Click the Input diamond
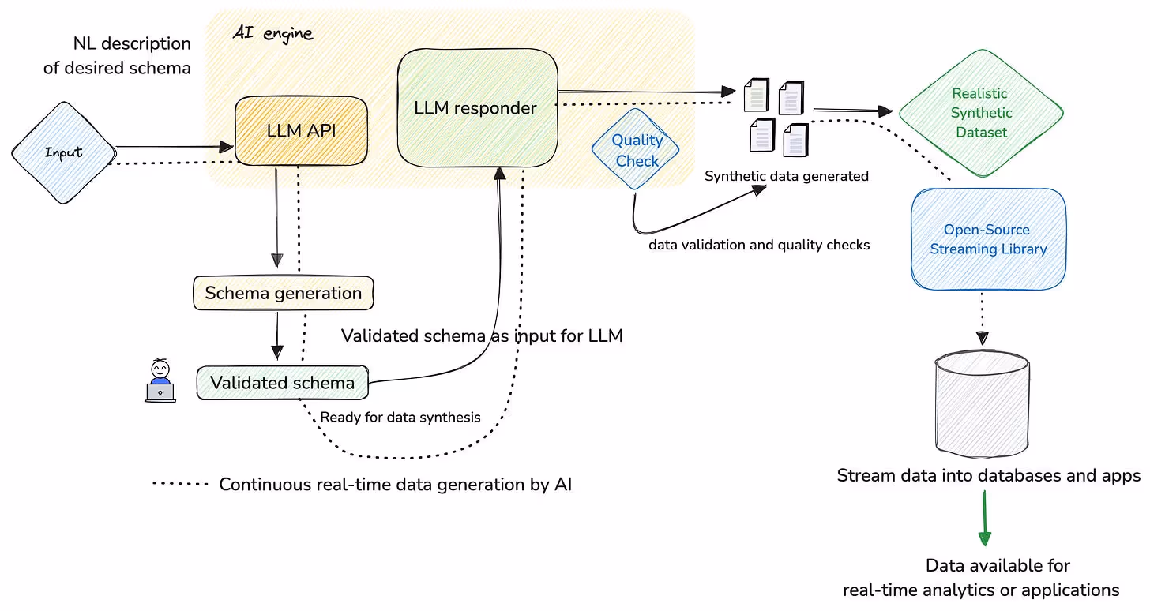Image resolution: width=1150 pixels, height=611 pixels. pyautogui.click(x=64, y=152)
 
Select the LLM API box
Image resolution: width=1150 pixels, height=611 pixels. pyautogui.click(x=302, y=131)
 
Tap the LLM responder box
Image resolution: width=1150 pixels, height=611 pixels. pyautogui.click(x=477, y=107)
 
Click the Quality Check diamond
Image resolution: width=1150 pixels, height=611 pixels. pyautogui.click(x=636, y=149)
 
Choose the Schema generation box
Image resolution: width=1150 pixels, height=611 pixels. pyautogui.click(x=284, y=293)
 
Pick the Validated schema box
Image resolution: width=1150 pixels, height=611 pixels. pyautogui.click(x=283, y=383)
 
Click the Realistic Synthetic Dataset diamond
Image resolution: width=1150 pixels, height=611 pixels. pyautogui.click(x=981, y=113)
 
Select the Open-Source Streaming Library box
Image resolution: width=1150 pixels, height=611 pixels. pyautogui.click(x=988, y=239)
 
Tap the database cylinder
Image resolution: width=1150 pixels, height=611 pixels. pyautogui.click(x=982, y=404)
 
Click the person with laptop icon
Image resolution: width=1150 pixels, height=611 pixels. pyautogui.click(x=160, y=380)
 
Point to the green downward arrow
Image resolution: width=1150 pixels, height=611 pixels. pyautogui.click(x=984, y=519)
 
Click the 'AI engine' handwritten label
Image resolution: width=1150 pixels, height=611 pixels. pyautogui.click(x=272, y=33)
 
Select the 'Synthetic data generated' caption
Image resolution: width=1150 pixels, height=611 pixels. pyautogui.click(x=787, y=176)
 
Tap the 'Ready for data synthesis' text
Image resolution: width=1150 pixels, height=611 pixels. pyautogui.click(x=400, y=417)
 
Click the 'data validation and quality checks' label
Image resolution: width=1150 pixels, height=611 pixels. pyautogui.click(x=759, y=245)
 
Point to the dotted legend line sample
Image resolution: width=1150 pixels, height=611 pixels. pyautogui.click(x=180, y=484)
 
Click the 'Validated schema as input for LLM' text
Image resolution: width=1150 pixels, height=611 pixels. pyautogui.click(x=482, y=336)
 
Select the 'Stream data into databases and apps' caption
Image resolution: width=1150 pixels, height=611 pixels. pyautogui.click(x=989, y=475)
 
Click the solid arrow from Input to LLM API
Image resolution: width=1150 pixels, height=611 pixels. pyautogui.click(x=175, y=147)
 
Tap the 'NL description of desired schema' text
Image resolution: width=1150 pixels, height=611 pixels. pyautogui.click(x=117, y=55)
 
